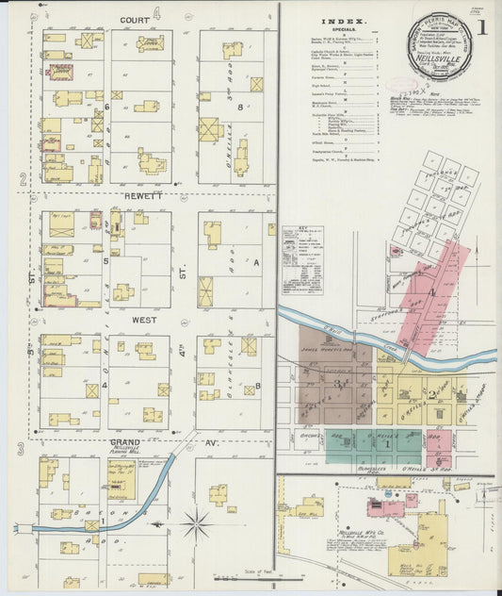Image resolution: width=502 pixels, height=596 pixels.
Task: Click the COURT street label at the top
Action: [136, 19]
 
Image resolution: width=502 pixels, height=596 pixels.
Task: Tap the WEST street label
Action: [143, 321]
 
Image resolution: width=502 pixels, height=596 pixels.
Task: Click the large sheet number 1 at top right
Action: [483, 26]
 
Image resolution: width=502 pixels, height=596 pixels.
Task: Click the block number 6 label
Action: [107, 107]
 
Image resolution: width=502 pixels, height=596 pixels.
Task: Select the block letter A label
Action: [255, 264]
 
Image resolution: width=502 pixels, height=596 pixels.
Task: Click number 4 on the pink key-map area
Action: [432, 293]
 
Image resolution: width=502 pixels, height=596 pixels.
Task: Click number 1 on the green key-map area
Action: [386, 443]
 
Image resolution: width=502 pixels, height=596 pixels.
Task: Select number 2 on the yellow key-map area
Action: [431, 392]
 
